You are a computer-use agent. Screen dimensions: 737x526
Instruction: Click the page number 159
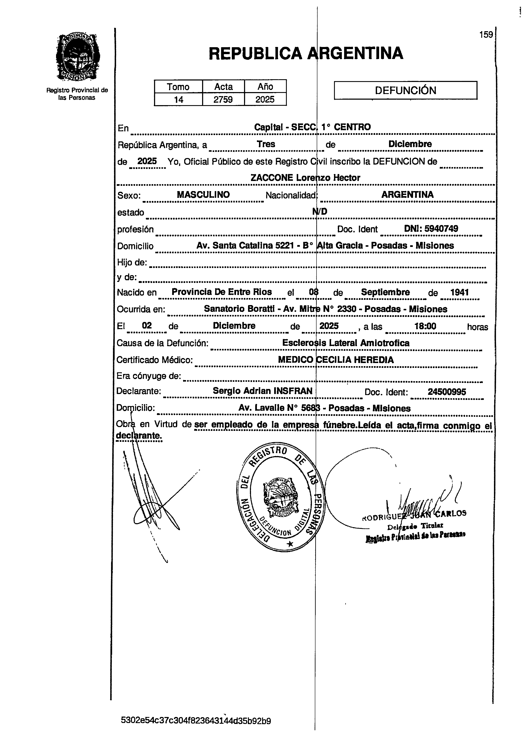pyautogui.click(x=486, y=35)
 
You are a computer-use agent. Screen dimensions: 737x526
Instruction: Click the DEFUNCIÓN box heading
pyautogui.click(x=405, y=90)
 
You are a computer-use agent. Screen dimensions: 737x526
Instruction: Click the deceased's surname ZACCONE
pyautogui.click(x=272, y=178)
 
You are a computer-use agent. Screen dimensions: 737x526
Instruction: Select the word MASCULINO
pyautogui.click(x=203, y=195)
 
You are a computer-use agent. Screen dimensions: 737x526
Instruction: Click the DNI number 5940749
pyautogui.click(x=441, y=229)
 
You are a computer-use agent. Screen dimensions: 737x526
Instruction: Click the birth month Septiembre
pyautogui.click(x=385, y=292)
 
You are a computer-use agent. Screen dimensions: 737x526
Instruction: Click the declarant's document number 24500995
pyautogui.click(x=447, y=392)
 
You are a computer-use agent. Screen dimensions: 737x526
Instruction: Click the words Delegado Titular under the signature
pyautogui.click(x=415, y=526)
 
